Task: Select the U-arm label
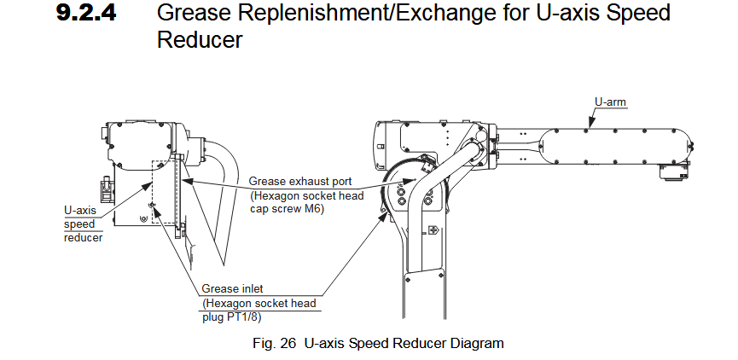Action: (610, 102)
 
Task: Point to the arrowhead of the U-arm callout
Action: (588, 129)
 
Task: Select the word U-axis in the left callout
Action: (80, 210)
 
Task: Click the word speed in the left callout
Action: (79, 224)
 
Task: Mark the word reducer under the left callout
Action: (83, 237)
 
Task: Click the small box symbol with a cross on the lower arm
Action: (433, 229)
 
